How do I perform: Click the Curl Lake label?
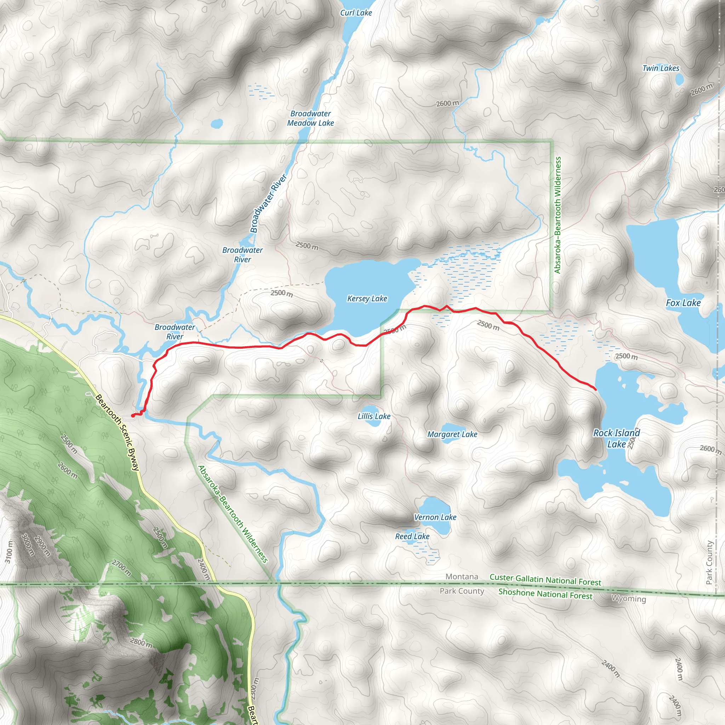356,13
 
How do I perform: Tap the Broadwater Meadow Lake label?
310,118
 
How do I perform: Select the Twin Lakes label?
661,68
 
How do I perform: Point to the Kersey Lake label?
367,299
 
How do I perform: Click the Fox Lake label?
683,303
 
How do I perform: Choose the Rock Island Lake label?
616,438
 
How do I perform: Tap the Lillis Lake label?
374,416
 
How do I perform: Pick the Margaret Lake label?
452,434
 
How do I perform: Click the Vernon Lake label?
435,517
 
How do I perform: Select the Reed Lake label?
412,536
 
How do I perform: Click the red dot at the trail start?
133,415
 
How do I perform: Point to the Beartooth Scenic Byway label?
118,432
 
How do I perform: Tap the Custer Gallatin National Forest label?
545,580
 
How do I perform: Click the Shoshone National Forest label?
545,594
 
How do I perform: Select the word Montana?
462,577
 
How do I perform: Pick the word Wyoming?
629,599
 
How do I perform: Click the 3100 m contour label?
8,552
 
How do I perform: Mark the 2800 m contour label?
141,643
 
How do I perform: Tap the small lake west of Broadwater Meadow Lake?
217,123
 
